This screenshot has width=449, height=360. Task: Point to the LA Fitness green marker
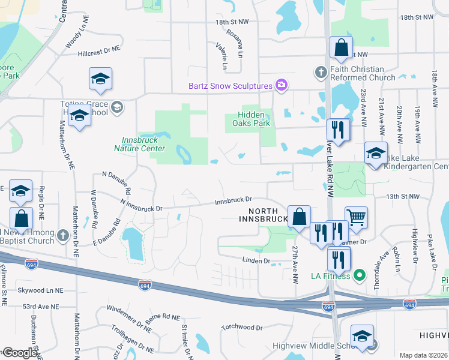(x=360, y=276)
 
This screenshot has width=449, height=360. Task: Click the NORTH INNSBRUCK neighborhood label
(x=263, y=215)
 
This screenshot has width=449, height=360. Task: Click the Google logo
(x=19, y=353)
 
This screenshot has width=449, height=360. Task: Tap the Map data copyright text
(x=423, y=355)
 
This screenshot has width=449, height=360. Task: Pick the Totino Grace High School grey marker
(x=117, y=107)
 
